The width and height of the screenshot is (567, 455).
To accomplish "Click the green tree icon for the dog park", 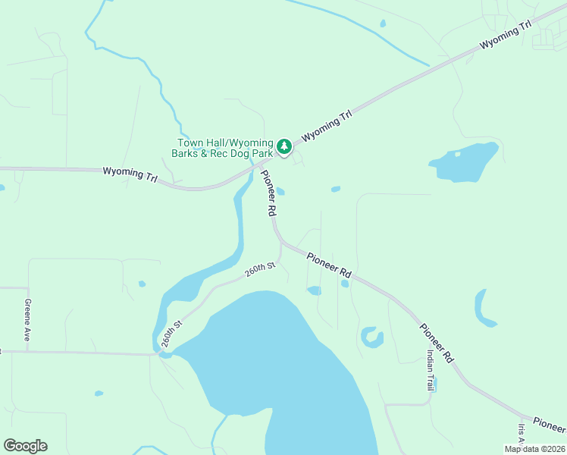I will point(283,146).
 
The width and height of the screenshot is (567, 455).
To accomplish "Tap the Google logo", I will point(25,446).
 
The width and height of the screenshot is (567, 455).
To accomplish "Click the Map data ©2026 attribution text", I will point(534,449).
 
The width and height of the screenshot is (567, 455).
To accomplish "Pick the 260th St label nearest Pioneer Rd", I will point(259,269).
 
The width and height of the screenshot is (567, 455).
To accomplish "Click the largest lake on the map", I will point(288,364).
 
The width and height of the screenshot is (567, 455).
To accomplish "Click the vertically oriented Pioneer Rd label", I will point(268,193).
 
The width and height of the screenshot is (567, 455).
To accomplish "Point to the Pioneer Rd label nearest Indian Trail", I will point(437,342).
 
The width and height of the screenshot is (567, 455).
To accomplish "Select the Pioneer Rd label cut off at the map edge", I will point(550,424).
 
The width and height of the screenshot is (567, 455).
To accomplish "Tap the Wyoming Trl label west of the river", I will point(130,174).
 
